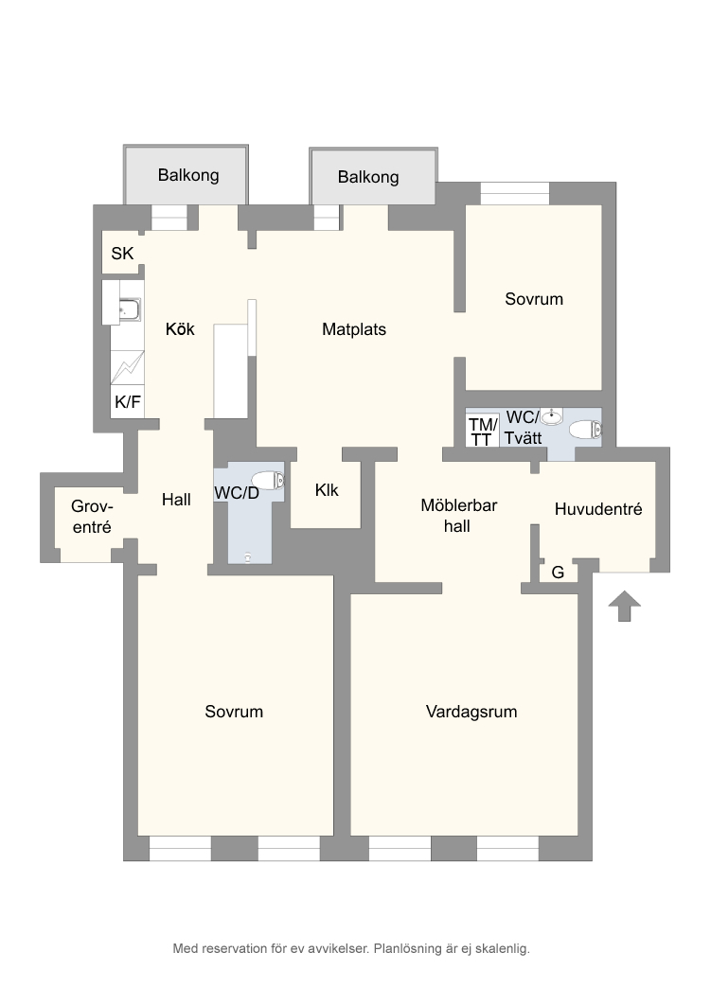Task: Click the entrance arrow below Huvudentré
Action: [625, 606]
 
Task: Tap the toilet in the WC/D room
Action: [268, 480]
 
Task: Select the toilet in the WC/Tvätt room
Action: [586, 430]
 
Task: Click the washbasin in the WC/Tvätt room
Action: [551, 417]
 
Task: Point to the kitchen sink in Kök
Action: [130, 309]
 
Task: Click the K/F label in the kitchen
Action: [128, 402]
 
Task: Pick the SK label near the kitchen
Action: [122, 254]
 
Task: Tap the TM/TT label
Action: [483, 432]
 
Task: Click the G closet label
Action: [558, 573]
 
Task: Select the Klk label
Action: [327, 490]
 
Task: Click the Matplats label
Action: [354, 329]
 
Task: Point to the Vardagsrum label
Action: [471, 712]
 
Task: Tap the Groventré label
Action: [92, 517]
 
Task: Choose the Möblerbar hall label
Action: [458, 516]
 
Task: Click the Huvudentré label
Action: [598, 509]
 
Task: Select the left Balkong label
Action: [188, 175]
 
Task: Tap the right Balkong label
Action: [368, 177]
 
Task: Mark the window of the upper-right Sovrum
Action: [515, 194]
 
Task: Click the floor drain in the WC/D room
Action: [248, 557]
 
